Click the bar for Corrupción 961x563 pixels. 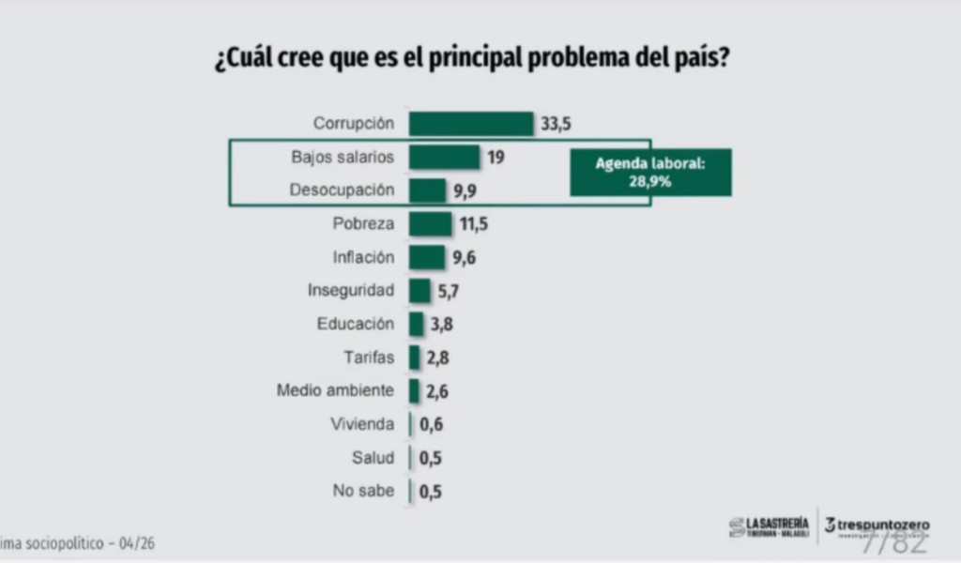tap(471, 124)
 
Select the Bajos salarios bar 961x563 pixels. tap(444, 157)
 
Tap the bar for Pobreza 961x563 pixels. tap(430, 224)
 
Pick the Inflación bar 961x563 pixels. tap(427, 257)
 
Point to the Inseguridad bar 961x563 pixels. tap(419, 291)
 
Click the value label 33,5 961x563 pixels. tap(557, 124)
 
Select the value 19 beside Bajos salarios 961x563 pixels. tap(496, 157)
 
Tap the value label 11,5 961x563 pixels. tap(473, 224)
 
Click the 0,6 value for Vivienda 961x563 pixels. tap(431, 424)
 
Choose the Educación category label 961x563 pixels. tap(356, 324)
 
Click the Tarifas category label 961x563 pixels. tap(369, 358)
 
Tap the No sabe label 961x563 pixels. tap(363, 491)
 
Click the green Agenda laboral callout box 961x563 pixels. tap(650, 173)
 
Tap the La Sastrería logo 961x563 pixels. tap(768, 526)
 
